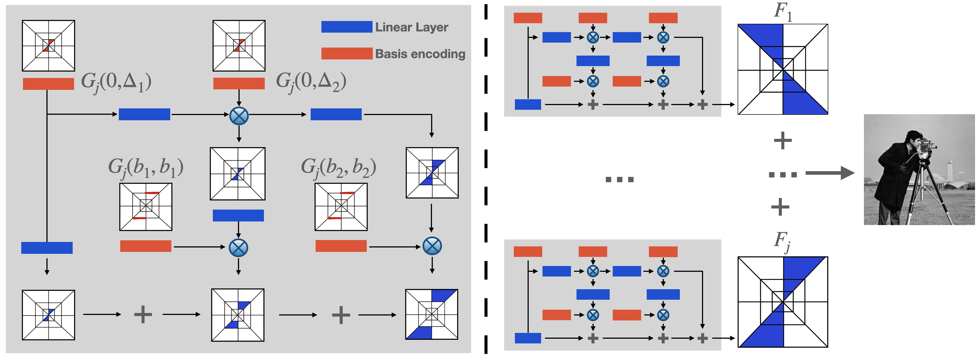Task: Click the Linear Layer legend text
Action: click(x=411, y=27)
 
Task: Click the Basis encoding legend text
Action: click(x=420, y=54)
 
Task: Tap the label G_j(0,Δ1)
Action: click(x=116, y=82)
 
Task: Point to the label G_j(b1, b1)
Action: click(x=146, y=168)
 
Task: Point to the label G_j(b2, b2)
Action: click(x=338, y=168)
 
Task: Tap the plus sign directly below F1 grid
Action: click(x=783, y=140)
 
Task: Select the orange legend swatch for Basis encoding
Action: click(x=347, y=53)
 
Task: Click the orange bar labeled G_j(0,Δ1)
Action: click(x=48, y=84)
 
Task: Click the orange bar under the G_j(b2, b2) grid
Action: click(x=341, y=246)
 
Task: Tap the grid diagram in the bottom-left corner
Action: click(x=48, y=315)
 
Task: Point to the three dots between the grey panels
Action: click(x=619, y=179)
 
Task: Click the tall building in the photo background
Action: click(x=950, y=171)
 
